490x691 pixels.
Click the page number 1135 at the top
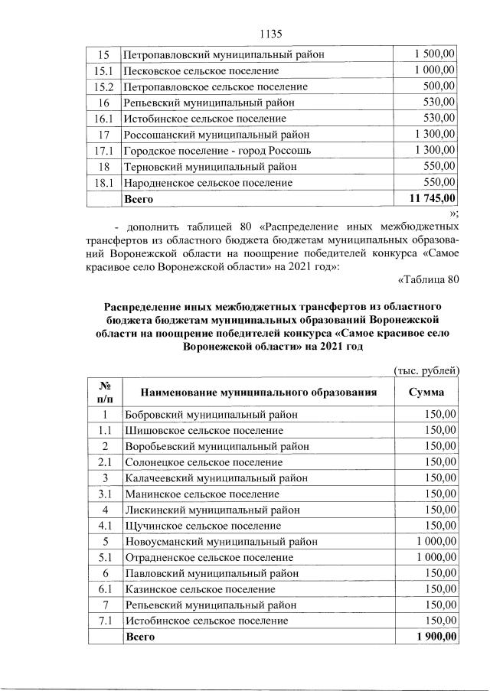(x=272, y=34)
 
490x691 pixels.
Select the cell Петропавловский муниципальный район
(x=224, y=55)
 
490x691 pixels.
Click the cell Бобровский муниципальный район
(x=211, y=414)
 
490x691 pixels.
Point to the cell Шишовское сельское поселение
(x=204, y=430)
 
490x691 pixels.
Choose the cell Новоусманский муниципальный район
(x=221, y=542)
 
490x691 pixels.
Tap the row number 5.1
(x=105, y=558)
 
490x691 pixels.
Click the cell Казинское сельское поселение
(x=201, y=589)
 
